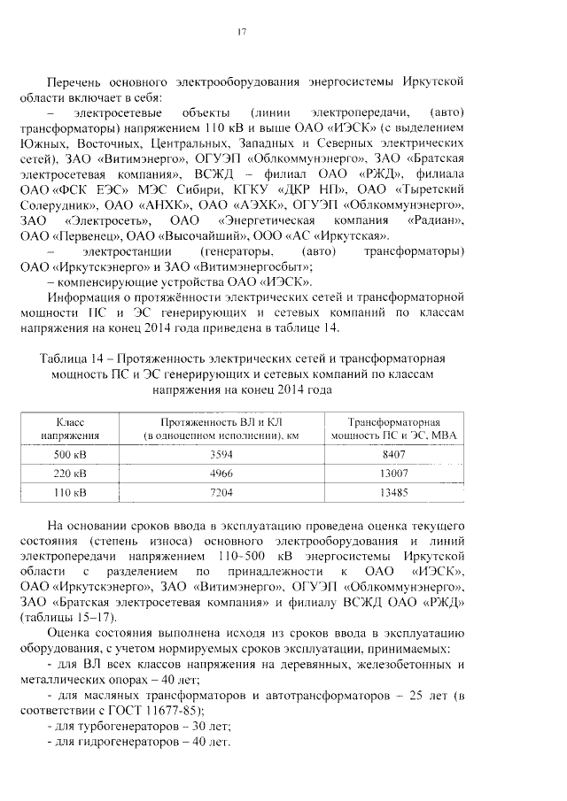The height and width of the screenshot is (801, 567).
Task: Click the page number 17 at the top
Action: point(241,34)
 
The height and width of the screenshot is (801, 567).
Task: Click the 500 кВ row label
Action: point(70,452)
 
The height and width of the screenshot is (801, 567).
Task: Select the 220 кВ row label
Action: point(70,473)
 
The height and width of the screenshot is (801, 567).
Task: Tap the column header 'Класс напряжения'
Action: point(70,428)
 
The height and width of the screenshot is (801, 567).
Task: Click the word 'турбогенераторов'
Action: point(117,726)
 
